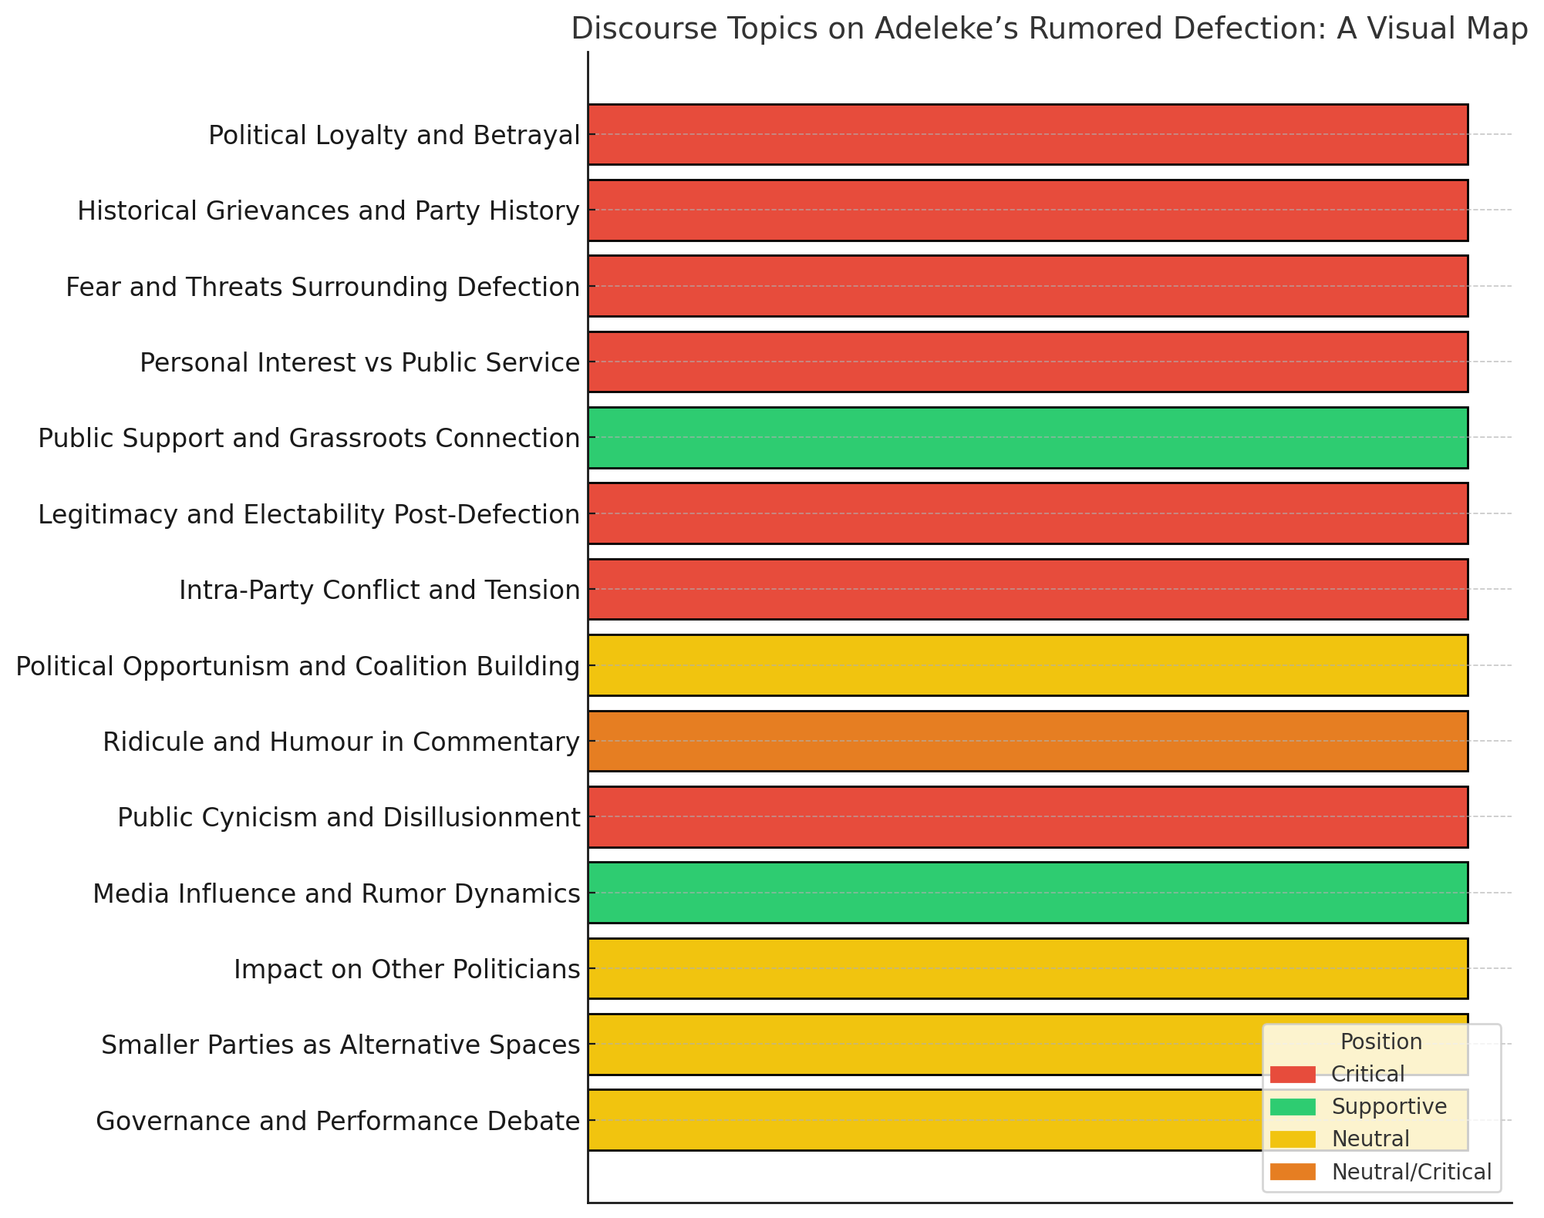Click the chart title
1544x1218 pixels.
[x=1049, y=29]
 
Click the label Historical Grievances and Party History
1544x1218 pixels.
[x=329, y=210]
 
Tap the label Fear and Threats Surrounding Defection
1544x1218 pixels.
[x=322, y=287]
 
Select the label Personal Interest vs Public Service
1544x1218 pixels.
[x=359, y=362]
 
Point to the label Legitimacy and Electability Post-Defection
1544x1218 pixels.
[x=308, y=514]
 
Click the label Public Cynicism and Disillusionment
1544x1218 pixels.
[x=349, y=817]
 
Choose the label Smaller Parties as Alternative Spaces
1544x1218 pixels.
[x=340, y=1045]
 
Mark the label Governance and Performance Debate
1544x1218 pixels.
[x=338, y=1121]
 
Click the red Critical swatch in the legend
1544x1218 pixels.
[x=1293, y=1074]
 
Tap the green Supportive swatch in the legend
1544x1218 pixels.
[x=1293, y=1107]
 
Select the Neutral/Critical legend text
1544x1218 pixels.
[x=1411, y=1172]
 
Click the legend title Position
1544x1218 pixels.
[x=1380, y=1042]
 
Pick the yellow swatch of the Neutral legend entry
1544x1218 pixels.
[x=1293, y=1139]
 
